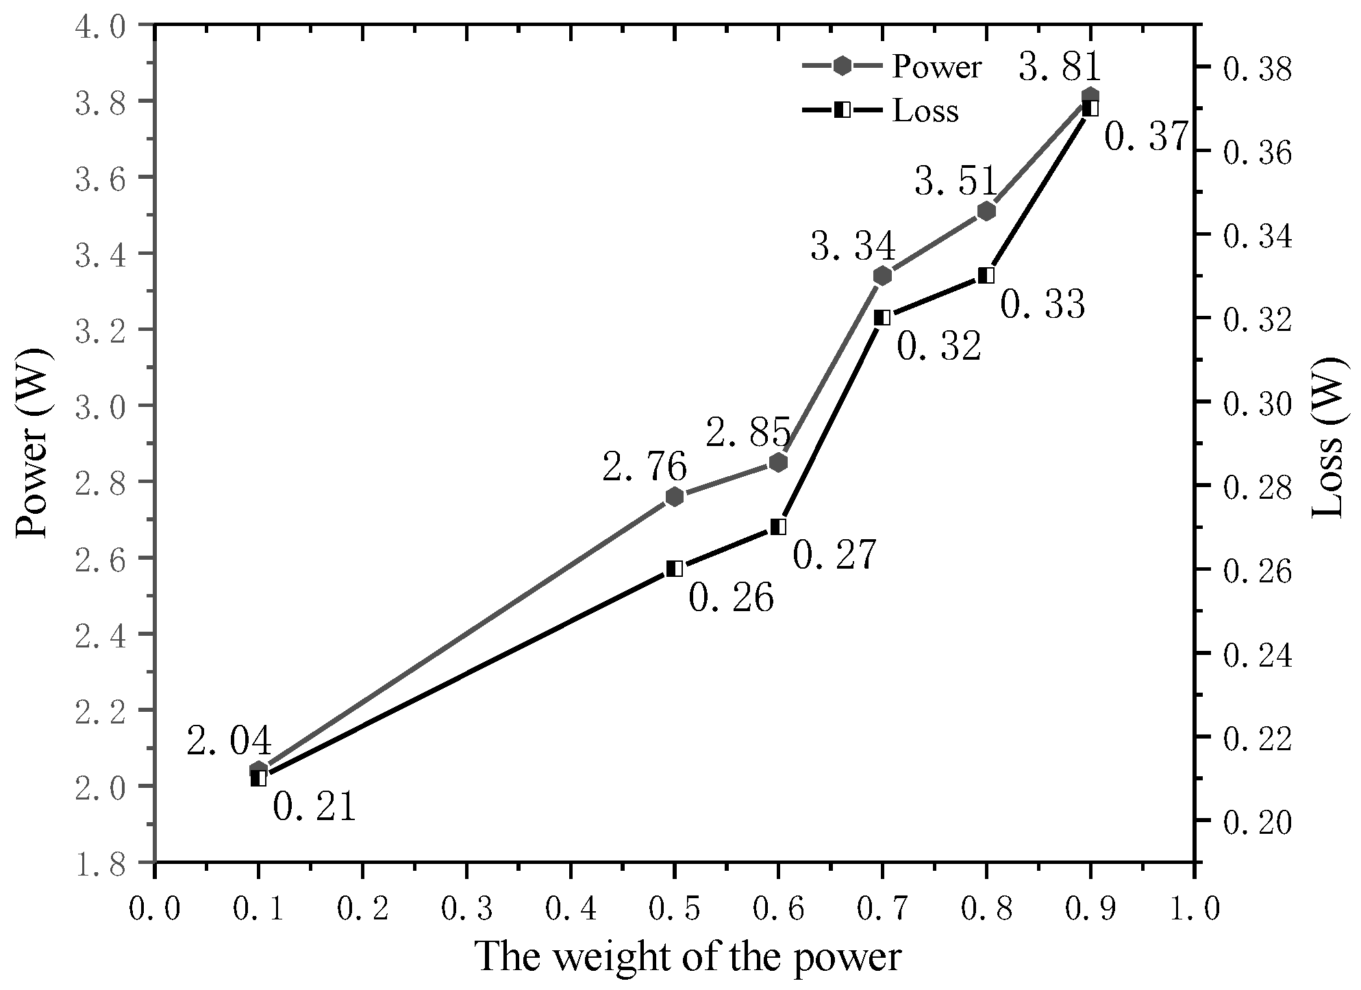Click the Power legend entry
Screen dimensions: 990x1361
[x=892, y=67]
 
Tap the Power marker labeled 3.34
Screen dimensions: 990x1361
[x=882, y=275]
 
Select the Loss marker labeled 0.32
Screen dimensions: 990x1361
[x=882, y=318]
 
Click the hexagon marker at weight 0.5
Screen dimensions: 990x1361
[x=675, y=496]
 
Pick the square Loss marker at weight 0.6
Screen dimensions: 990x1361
[x=778, y=527]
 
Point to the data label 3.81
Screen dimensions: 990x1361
[x=1060, y=68]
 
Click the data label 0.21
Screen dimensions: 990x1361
[x=314, y=807]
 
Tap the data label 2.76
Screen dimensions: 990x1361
[x=645, y=468]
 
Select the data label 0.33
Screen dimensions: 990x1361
[x=1042, y=305]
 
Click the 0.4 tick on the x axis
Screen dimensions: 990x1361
[x=571, y=909]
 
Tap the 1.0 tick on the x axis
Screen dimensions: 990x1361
[x=1195, y=909]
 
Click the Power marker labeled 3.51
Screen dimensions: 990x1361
[x=986, y=211]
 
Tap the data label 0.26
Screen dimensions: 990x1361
[x=731, y=599]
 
